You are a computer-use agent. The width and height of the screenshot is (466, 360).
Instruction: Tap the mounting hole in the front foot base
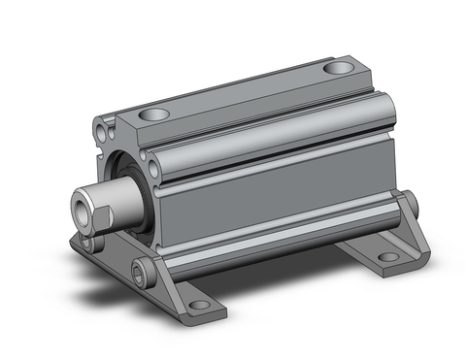point(198,306)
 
